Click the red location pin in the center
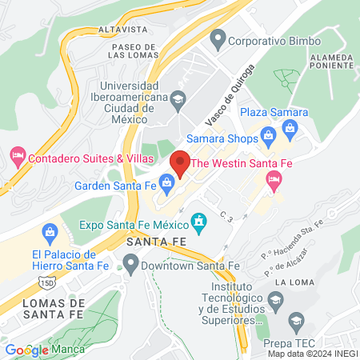pos(180,162)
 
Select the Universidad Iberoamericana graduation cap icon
pos(178,98)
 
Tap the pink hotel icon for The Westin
pos(275,179)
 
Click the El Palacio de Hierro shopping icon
pos(50,234)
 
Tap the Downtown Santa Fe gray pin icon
pos(131,262)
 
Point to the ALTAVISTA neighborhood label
pos(122,29)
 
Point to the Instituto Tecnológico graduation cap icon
pos(276,302)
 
